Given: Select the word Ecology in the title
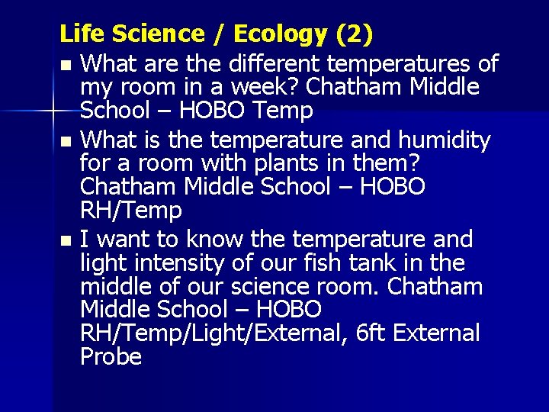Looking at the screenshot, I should pyautogui.click(x=280, y=34).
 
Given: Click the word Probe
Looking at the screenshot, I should pyautogui.click(x=111, y=357).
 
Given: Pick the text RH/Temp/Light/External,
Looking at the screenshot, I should pyautogui.click(x=213, y=333).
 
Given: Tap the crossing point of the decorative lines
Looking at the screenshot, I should pyautogui.click(x=53, y=112).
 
